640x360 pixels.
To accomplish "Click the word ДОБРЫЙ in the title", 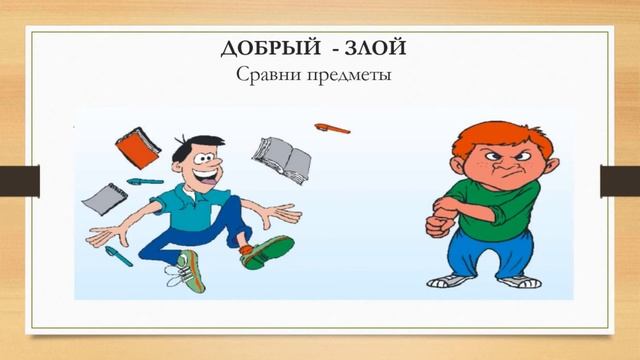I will [x=263, y=47].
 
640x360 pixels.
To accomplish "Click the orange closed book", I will [x=137, y=147].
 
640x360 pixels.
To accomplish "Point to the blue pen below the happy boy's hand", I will [x=119, y=255].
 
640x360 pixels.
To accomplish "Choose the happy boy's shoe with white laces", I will [x=189, y=269].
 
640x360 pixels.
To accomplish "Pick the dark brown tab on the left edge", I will [x=19, y=181].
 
